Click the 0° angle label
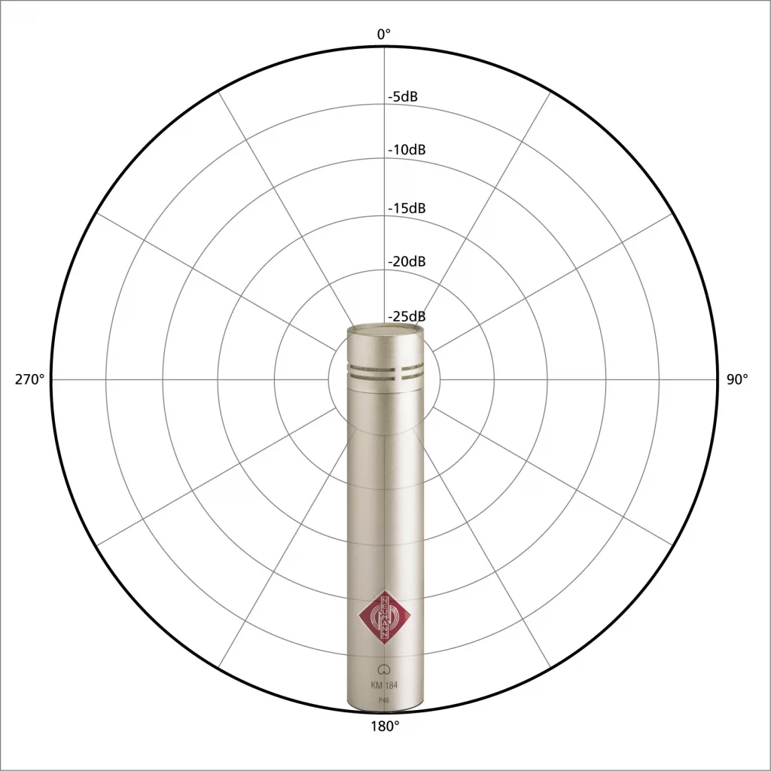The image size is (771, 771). [384, 34]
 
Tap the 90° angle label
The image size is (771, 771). [737, 379]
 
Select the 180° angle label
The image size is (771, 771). [385, 726]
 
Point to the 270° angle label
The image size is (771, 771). [29, 379]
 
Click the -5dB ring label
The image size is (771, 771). [403, 96]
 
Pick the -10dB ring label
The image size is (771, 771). [407, 150]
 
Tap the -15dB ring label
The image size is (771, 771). [407, 208]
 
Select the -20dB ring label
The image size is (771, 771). [407, 261]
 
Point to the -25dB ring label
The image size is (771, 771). [407, 315]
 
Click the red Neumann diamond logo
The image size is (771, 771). [385, 616]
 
